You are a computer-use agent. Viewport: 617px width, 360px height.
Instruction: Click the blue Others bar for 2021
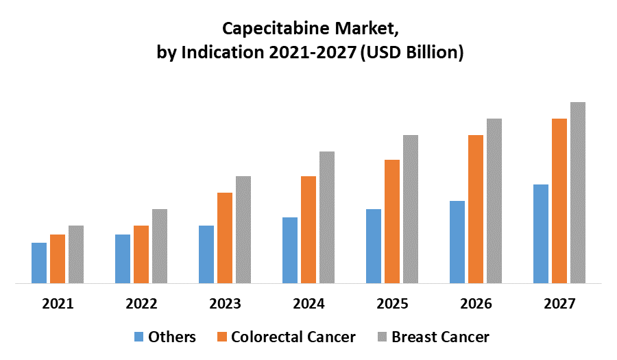tap(39, 263)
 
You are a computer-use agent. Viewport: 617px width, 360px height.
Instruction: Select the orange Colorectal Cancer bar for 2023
tap(225, 237)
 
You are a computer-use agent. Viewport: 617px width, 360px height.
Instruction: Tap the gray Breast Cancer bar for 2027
tap(578, 192)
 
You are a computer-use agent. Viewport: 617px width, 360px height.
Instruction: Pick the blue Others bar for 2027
tap(541, 233)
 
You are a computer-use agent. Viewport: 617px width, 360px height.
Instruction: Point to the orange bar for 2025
tap(392, 221)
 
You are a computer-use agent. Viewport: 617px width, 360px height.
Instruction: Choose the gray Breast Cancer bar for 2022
tap(160, 245)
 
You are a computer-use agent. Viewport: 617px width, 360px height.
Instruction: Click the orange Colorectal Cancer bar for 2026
tap(476, 208)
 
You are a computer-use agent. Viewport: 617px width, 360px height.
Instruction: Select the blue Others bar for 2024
tap(290, 250)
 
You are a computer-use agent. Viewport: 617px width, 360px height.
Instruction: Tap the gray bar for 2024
tap(327, 217)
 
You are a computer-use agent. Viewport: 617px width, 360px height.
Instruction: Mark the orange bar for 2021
tap(58, 259)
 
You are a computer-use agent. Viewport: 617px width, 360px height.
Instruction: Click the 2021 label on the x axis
tap(58, 303)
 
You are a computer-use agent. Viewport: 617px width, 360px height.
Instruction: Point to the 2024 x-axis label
tap(308, 303)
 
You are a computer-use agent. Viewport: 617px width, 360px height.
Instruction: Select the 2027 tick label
tap(559, 303)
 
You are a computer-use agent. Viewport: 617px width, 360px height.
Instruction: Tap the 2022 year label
tap(141, 303)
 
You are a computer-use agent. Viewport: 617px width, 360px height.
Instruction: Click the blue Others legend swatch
tap(139, 337)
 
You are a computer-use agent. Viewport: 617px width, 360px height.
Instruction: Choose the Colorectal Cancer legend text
tap(293, 337)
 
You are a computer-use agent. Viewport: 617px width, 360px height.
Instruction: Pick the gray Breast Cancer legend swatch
tap(383, 337)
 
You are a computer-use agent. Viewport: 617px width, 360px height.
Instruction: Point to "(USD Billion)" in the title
tap(411, 52)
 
